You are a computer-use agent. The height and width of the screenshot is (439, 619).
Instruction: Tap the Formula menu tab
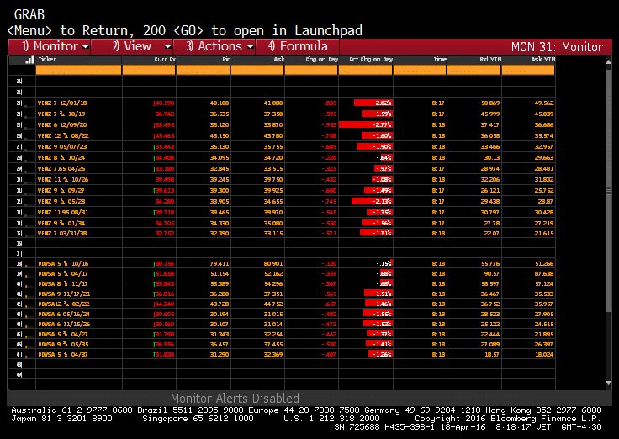[x=298, y=46]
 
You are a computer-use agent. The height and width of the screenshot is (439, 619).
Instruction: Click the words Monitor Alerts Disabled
[x=235, y=399]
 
